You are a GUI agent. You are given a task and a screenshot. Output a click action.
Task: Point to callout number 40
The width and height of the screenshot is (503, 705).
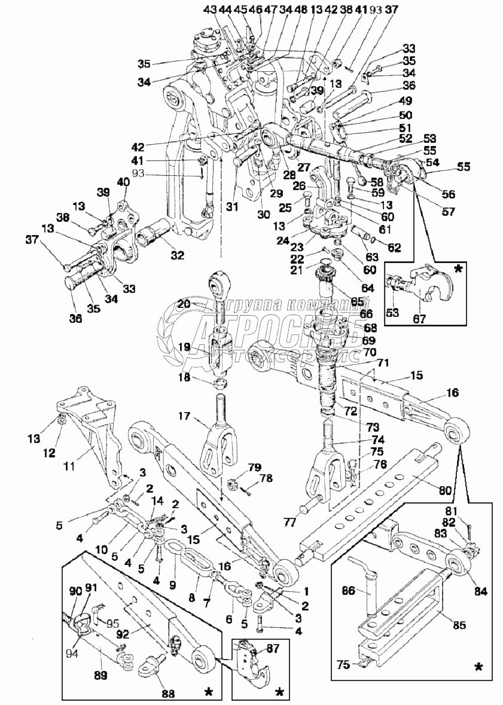(124, 182)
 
